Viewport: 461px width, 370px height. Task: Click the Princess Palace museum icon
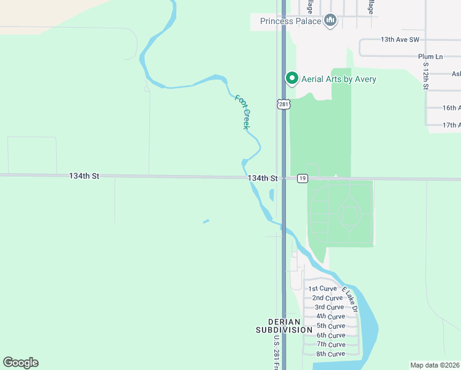point(331,21)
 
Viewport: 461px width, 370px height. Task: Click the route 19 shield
point(302,178)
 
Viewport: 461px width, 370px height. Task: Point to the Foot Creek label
point(242,112)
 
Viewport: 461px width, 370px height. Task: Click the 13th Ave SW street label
point(399,39)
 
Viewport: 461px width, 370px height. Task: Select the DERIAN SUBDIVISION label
point(284,326)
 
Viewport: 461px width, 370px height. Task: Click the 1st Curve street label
point(322,289)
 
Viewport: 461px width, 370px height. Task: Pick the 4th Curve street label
point(330,316)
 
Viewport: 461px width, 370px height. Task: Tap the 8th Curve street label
point(330,354)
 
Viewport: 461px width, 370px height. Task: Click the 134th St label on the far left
point(84,176)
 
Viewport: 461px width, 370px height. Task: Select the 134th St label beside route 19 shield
point(263,178)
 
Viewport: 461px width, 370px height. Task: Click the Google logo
point(20,363)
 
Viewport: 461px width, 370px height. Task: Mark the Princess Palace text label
point(290,21)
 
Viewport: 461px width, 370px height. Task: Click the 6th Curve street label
point(330,335)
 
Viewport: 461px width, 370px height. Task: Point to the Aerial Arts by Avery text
point(338,79)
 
